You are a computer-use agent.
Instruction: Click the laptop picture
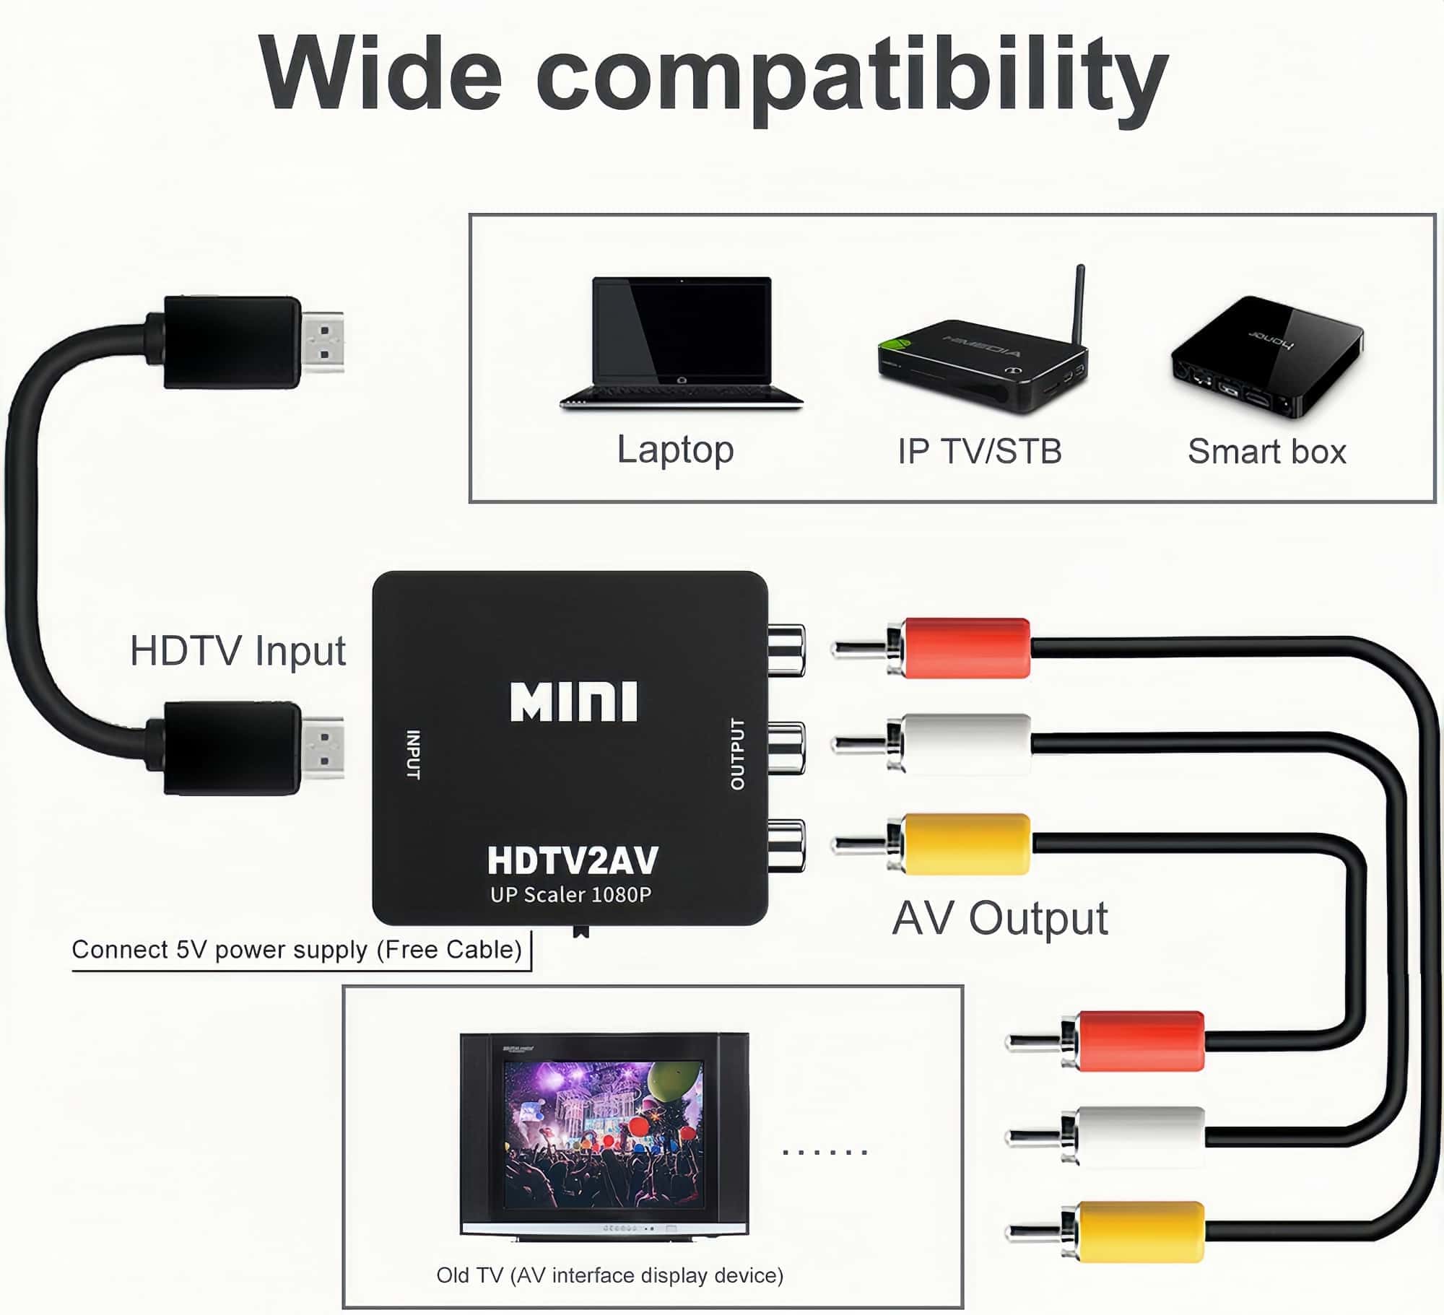pyautogui.click(x=681, y=342)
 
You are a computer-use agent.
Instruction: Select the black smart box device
pyautogui.click(x=1266, y=357)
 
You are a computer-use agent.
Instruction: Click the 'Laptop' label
pyautogui.click(x=675, y=450)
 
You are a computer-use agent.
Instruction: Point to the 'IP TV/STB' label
pyautogui.click(x=980, y=452)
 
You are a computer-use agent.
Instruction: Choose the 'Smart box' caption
pyautogui.click(x=1266, y=452)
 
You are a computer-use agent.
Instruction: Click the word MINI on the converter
pyautogui.click(x=573, y=702)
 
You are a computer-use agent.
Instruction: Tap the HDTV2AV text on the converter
pyautogui.click(x=573, y=860)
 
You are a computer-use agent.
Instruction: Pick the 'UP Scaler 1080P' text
pyautogui.click(x=570, y=895)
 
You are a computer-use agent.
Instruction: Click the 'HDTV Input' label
pyautogui.click(x=238, y=651)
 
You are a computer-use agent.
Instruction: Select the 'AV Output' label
pyautogui.click(x=999, y=919)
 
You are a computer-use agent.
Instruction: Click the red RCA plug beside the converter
pyautogui.click(x=966, y=647)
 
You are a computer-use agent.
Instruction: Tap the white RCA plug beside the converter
pyautogui.click(x=966, y=744)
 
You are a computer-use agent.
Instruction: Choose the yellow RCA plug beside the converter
pyautogui.click(x=966, y=844)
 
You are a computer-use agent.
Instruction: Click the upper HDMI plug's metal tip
pyautogui.click(x=323, y=342)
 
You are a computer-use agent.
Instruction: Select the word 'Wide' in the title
pyautogui.click(x=380, y=74)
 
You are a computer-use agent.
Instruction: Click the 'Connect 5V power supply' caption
pyautogui.click(x=296, y=950)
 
